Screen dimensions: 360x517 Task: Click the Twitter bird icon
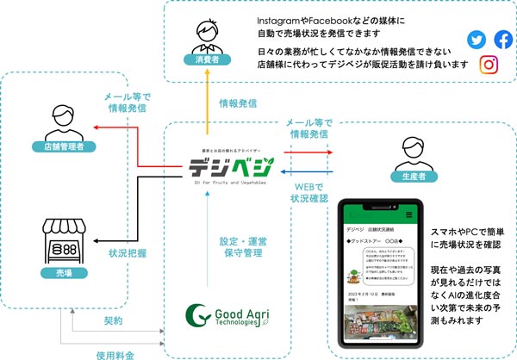coord(477,40)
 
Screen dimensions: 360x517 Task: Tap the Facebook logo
coord(502,40)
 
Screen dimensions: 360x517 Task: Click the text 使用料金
coord(115,352)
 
